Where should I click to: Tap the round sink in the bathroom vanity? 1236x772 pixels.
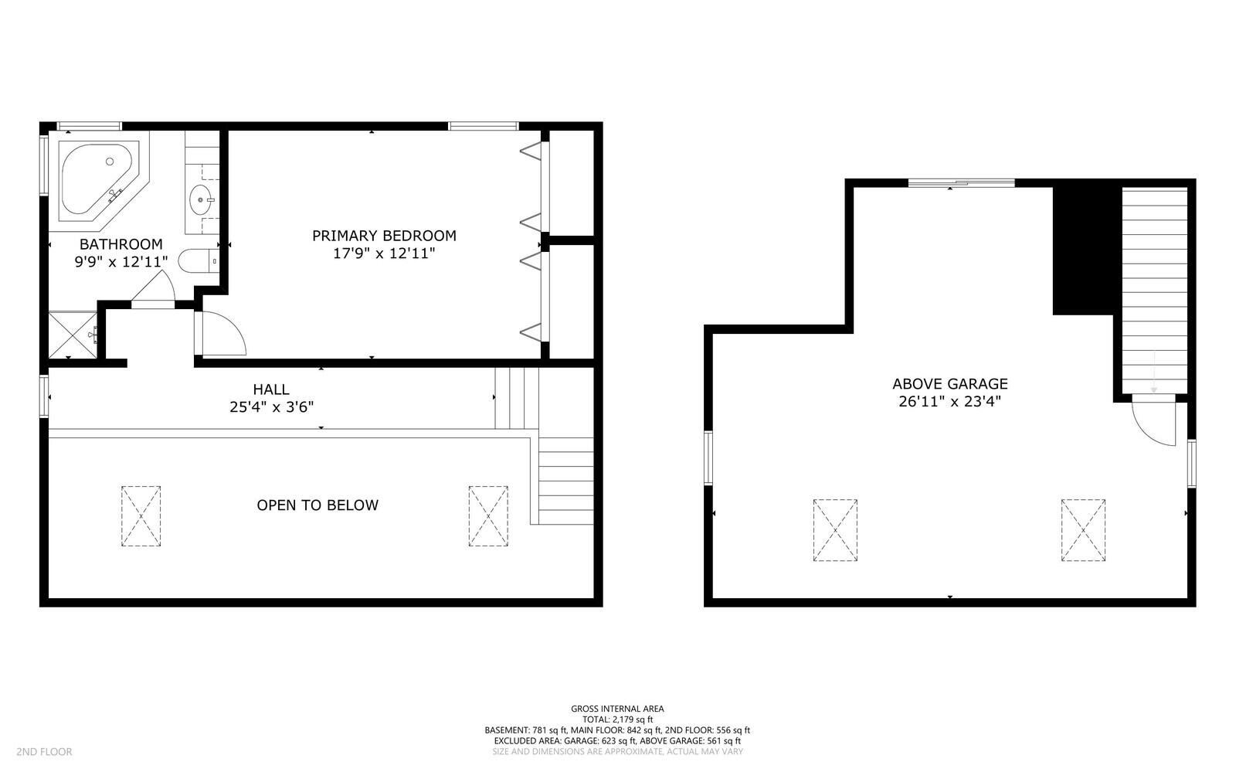[202, 200]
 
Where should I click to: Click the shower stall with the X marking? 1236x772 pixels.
[73, 334]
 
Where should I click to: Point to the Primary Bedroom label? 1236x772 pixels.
[384, 236]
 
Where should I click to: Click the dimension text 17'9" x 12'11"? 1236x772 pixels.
[384, 253]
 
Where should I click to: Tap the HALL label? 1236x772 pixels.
[271, 389]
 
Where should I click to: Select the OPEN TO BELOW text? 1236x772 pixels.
[317, 505]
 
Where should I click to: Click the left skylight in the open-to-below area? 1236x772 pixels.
[141, 516]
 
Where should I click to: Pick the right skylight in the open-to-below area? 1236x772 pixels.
[488, 516]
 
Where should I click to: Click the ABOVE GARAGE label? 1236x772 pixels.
[950, 383]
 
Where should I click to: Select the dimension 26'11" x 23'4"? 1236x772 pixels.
[950, 401]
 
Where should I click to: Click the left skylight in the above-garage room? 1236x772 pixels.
[835, 530]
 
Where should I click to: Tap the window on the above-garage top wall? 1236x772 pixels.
[961, 183]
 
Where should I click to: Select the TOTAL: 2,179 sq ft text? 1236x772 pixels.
[617, 719]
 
